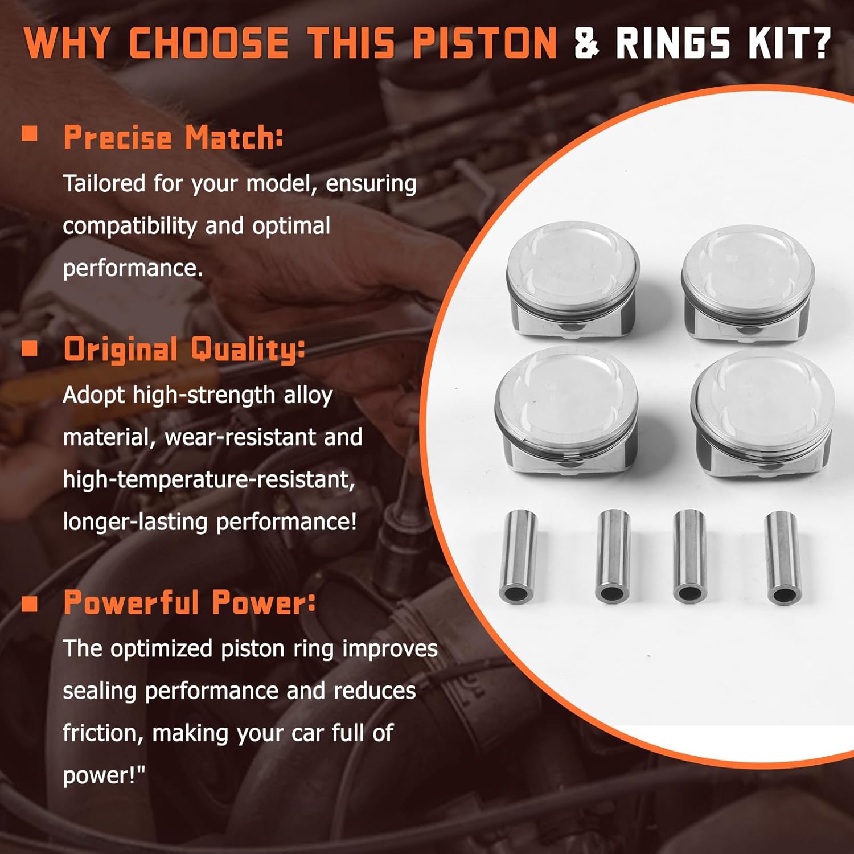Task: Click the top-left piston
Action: pyautogui.click(x=572, y=279)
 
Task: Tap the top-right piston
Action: pyautogui.click(x=748, y=284)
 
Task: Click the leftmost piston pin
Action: pyautogui.click(x=518, y=556)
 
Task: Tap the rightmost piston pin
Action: pyautogui.click(x=783, y=557)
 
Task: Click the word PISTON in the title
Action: pyautogui.click(x=485, y=43)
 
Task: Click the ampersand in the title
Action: pyautogui.click(x=586, y=43)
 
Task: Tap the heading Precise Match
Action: pyautogui.click(x=173, y=138)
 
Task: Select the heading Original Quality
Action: pyautogui.click(x=184, y=349)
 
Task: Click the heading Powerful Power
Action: pyautogui.click(x=189, y=602)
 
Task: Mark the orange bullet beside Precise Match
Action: pyautogui.click(x=30, y=134)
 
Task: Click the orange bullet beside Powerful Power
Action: pyautogui.click(x=30, y=603)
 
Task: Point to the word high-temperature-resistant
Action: pyautogui.click(x=208, y=479)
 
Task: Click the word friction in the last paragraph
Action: pyautogui.click(x=102, y=733)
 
